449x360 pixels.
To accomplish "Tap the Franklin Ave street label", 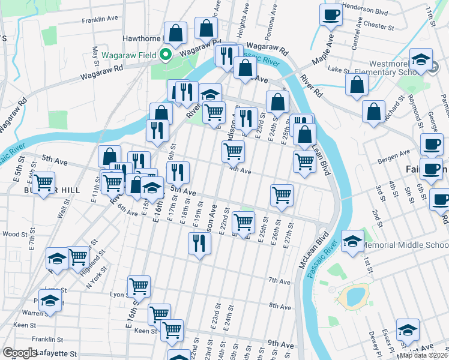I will pos(100,19).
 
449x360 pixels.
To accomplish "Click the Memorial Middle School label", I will pos(406,245).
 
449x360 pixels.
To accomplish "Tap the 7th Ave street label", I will pos(279,281).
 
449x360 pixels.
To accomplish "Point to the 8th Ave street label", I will pos(280,306).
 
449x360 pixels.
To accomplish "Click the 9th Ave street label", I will pos(280,343).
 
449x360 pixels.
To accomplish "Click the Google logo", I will pos(19,353).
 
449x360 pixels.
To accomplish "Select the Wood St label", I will pos(14,234).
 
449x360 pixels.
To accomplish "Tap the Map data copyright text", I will pos(423,355).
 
